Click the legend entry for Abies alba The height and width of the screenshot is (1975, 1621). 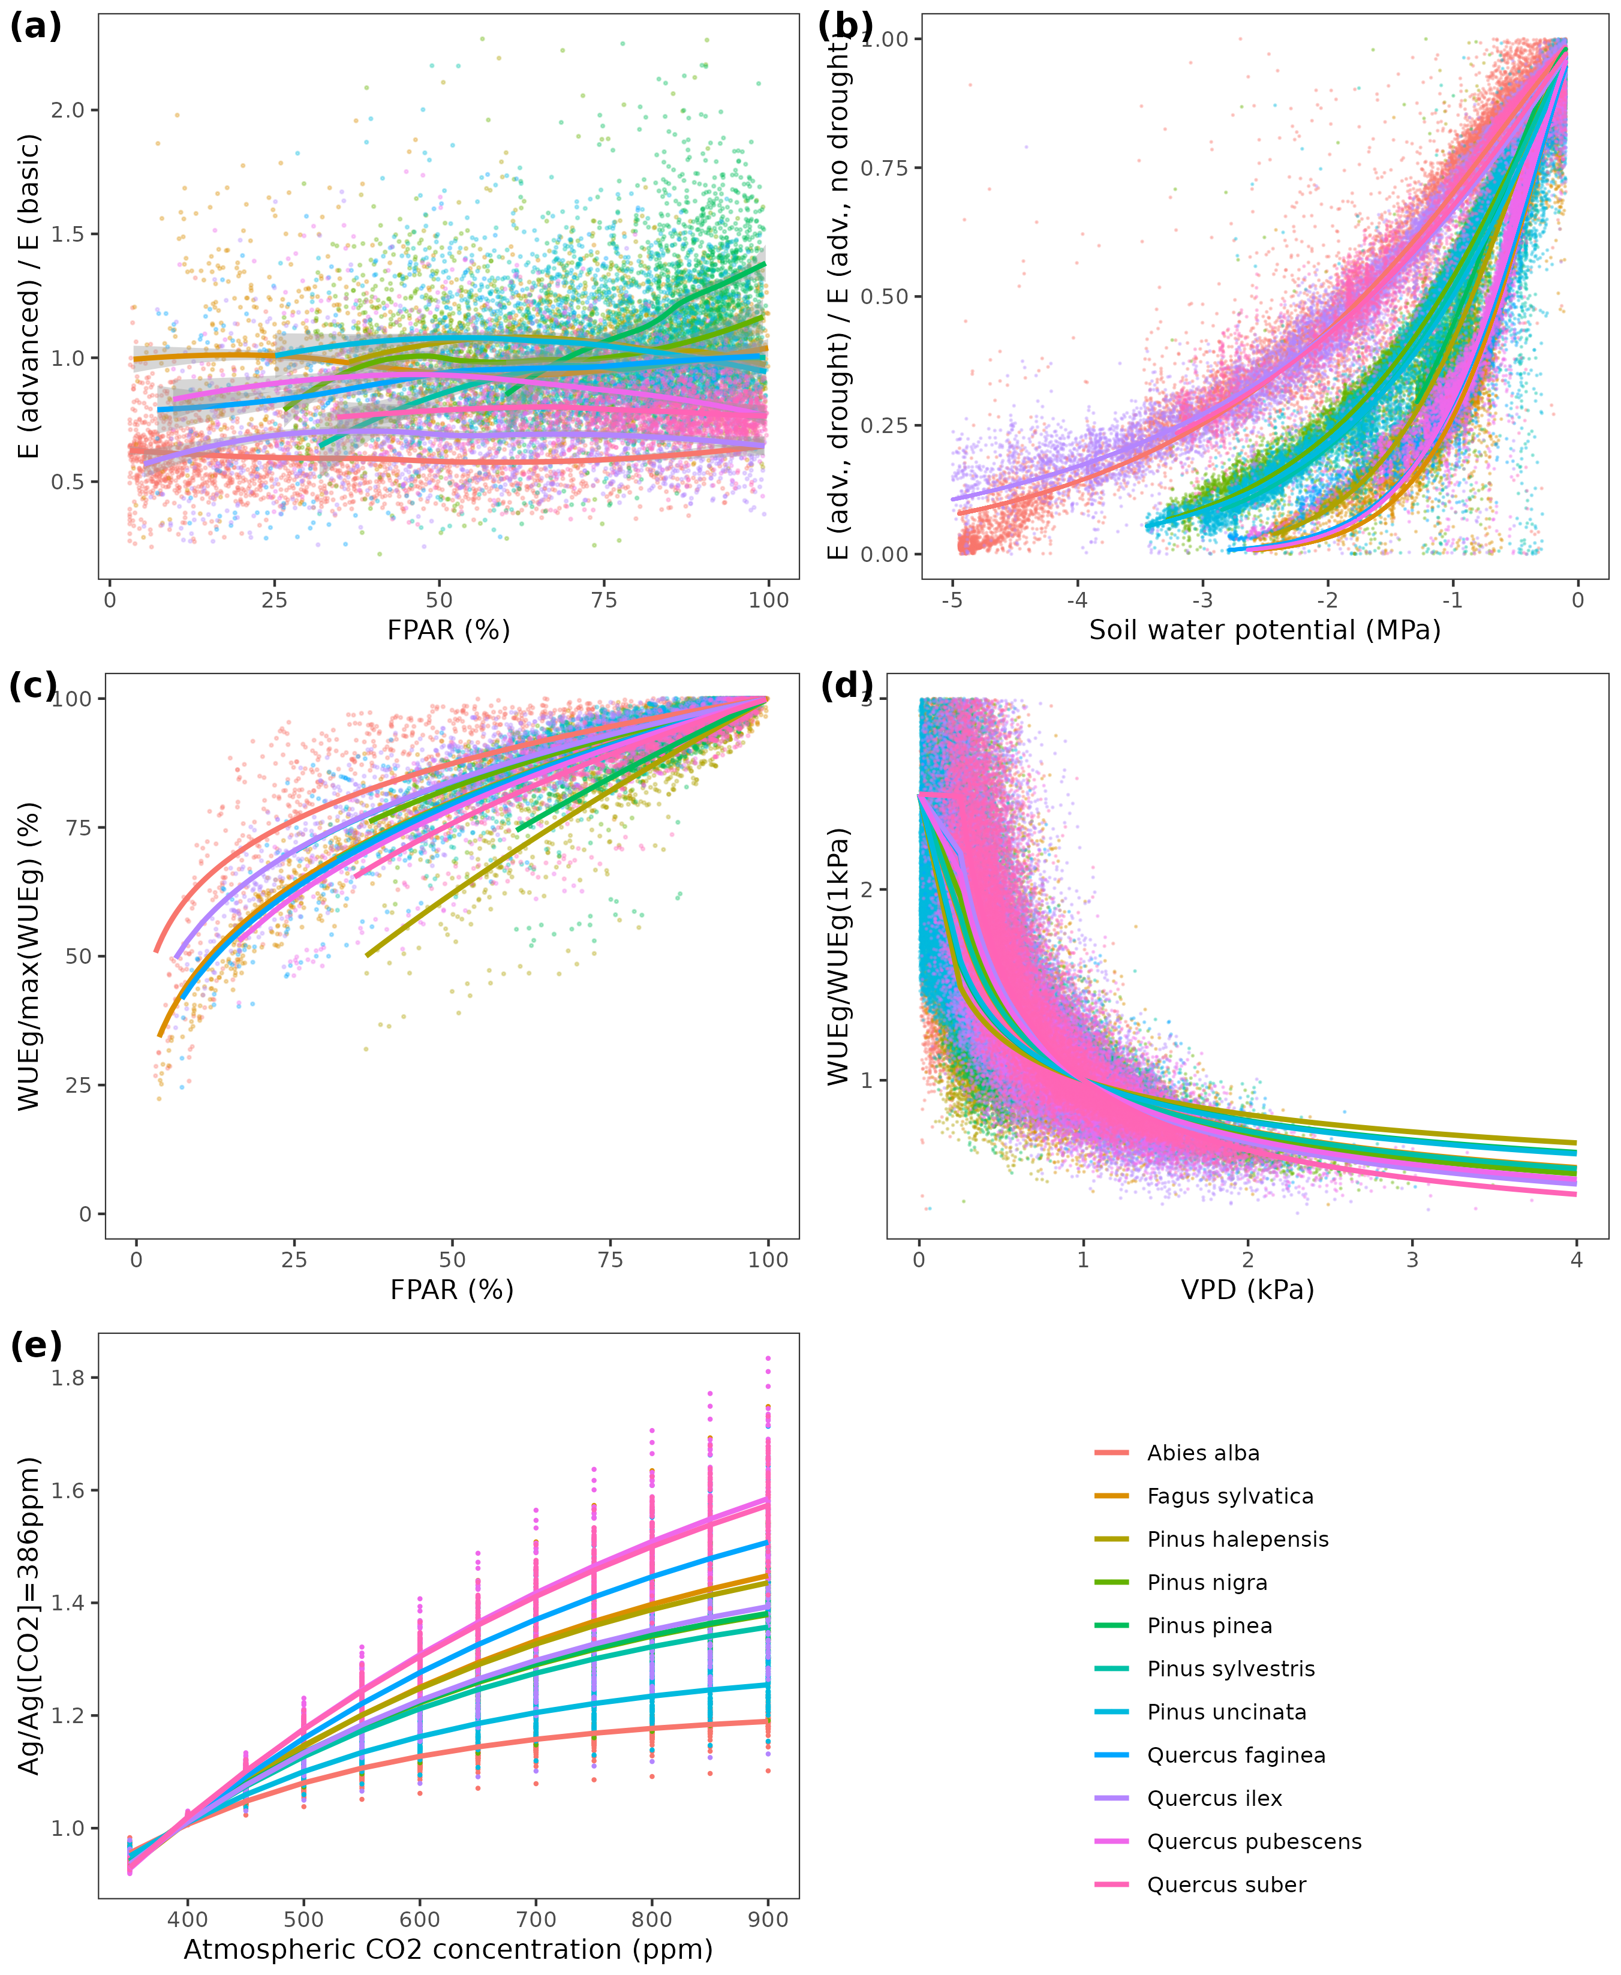point(1202,1454)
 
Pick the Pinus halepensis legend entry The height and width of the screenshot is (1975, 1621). point(1237,1540)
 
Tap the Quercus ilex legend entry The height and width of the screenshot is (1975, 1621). point(1214,1799)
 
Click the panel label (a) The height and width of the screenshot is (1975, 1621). point(35,26)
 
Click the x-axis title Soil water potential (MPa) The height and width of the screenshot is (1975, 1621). point(1264,630)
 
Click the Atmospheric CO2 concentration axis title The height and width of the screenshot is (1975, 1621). point(448,1950)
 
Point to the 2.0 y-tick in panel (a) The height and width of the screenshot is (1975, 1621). point(67,110)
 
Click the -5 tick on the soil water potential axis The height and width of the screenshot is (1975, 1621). point(952,600)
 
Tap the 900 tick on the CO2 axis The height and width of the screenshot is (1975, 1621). point(768,1920)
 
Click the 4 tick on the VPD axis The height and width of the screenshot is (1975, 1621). point(1576,1259)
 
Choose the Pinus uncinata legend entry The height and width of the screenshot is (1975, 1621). point(1226,1712)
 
